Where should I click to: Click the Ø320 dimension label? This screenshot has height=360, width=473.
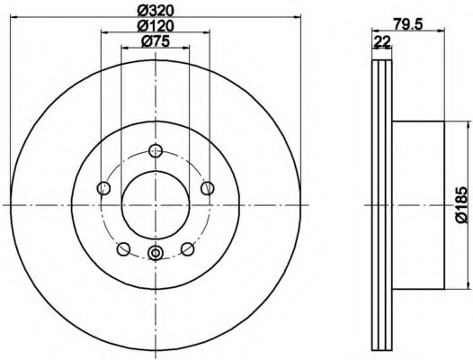coord(156,11)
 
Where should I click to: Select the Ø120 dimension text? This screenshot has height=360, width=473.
coord(156,26)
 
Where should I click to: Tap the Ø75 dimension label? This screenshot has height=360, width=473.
coord(156,41)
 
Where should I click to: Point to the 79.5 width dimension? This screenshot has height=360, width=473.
coord(407,23)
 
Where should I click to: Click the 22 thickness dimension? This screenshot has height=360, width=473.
coord(382,41)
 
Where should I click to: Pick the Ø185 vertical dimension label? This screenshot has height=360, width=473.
coord(461,205)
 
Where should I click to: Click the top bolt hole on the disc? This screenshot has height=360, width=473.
coord(156,150)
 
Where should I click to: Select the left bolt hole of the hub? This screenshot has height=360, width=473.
coord(103,188)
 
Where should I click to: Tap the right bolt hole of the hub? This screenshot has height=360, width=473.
coord(208,188)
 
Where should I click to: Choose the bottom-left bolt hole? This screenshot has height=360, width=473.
coord(123,249)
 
